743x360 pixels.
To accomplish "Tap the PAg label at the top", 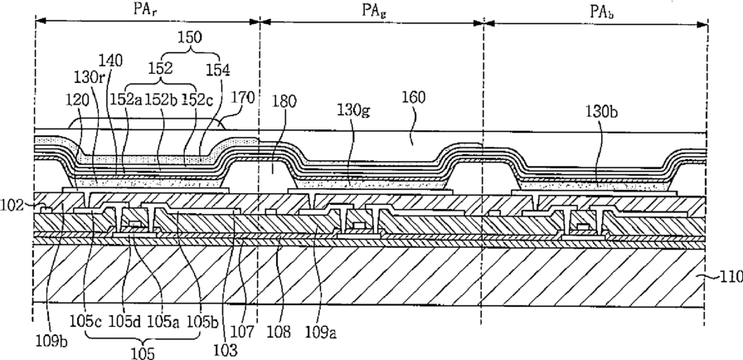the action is point(374,10).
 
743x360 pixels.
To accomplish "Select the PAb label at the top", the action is point(601,12).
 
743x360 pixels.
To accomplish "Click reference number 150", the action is point(190,37).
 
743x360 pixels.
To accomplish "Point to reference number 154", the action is point(217,71).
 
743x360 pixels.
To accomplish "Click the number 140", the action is point(111,61).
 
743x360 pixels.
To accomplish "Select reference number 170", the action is point(243,97).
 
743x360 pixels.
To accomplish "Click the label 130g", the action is point(353,110).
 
